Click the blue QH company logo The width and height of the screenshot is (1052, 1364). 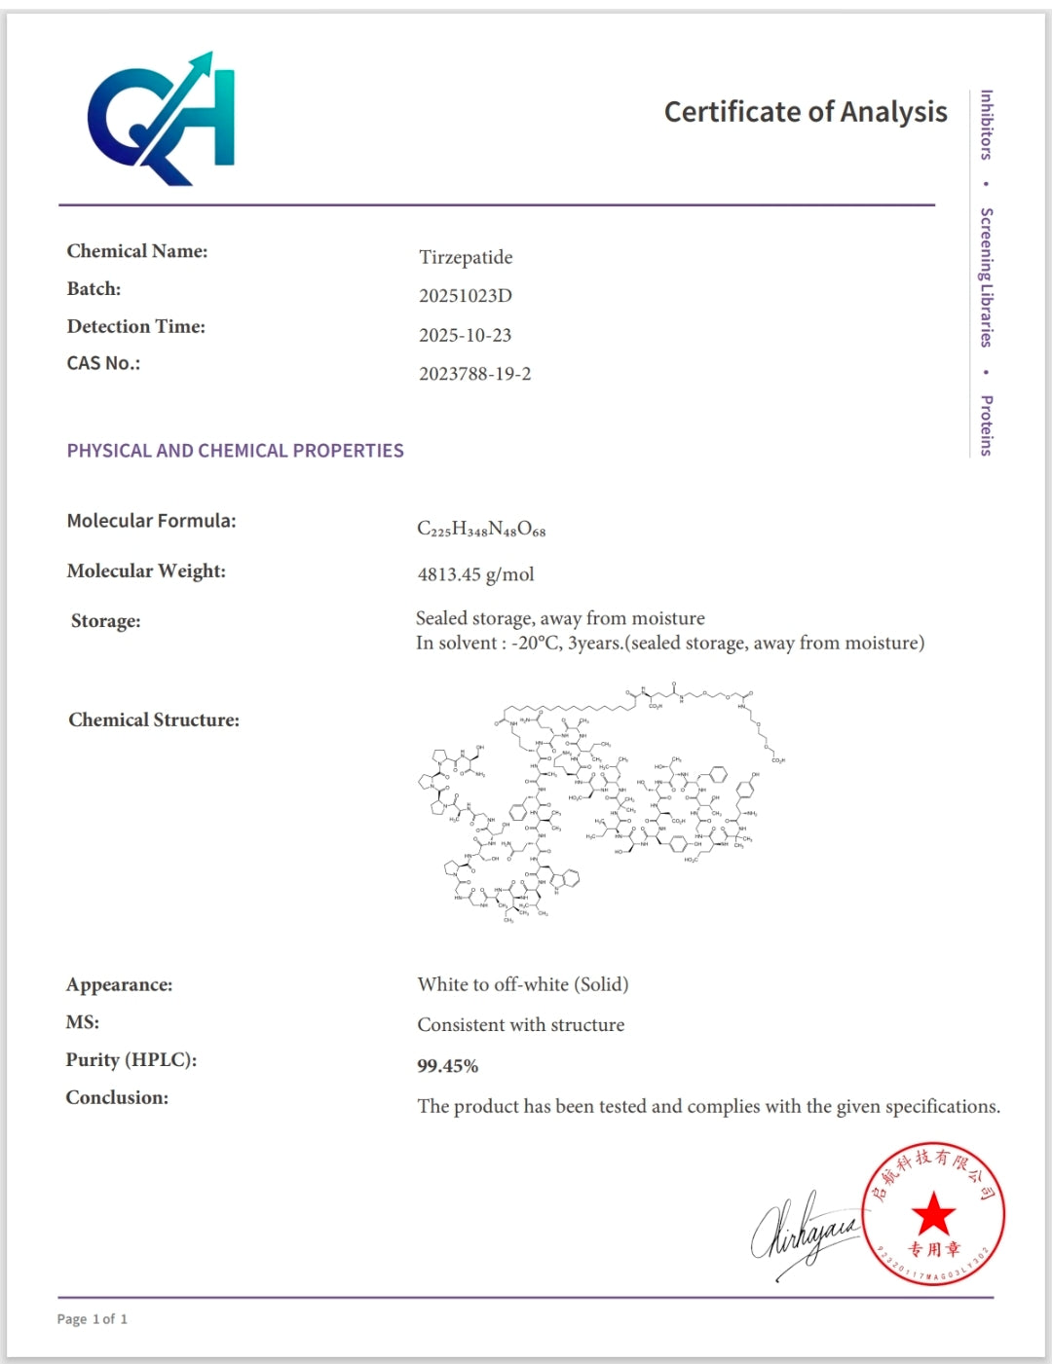tap(162, 119)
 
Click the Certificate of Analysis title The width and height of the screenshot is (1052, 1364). tap(805, 112)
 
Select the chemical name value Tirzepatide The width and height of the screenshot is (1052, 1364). tap(466, 257)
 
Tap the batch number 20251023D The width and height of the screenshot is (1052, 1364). tap(465, 296)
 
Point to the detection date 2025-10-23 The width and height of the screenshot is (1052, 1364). tap(465, 335)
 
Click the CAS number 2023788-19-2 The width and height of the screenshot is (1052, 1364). tap(474, 374)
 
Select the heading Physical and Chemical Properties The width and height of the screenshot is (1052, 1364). tap(235, 451)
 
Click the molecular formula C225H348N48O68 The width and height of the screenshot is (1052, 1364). tap(481, 529)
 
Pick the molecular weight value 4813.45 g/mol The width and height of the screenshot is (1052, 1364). tap(475, 574)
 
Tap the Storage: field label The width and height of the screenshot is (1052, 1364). tap(105, 621)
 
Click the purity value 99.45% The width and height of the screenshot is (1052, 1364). tap(447, 1066)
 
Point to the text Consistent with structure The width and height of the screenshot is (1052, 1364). tap(520, 1025)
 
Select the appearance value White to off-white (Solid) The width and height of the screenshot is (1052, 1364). tap(522, 984)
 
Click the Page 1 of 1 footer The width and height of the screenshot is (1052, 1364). tap(92, 1319)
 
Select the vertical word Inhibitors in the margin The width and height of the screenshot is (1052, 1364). tap(986, 125)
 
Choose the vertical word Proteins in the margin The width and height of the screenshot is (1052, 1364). tap(986, 425)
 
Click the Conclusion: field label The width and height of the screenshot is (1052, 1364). tap(117, 1097)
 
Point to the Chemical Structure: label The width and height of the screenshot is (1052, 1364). tap(154, 720)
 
